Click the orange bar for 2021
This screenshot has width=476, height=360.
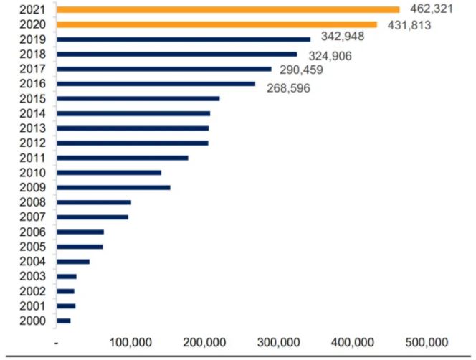[x=228, y=9]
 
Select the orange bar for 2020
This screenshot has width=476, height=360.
[x=216, y=24]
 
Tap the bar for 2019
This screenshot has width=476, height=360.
[x=184, y=39]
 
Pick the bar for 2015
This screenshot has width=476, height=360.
[x=138, y=98]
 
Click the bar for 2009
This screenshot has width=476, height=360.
[x=113, y=187]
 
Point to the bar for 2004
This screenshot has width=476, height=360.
[x=73, y=261]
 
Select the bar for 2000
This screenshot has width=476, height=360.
[x=64, y=321]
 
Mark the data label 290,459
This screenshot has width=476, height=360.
[x=301, y=70]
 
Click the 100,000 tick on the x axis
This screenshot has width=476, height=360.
[x=131, y=341]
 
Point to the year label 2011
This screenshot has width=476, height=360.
[x=33, y=158]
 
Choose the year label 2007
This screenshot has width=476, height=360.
[x=33, y=217]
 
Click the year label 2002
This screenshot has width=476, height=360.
[x=33, y=291]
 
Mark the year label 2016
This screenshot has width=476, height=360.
[x=33, y=84]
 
